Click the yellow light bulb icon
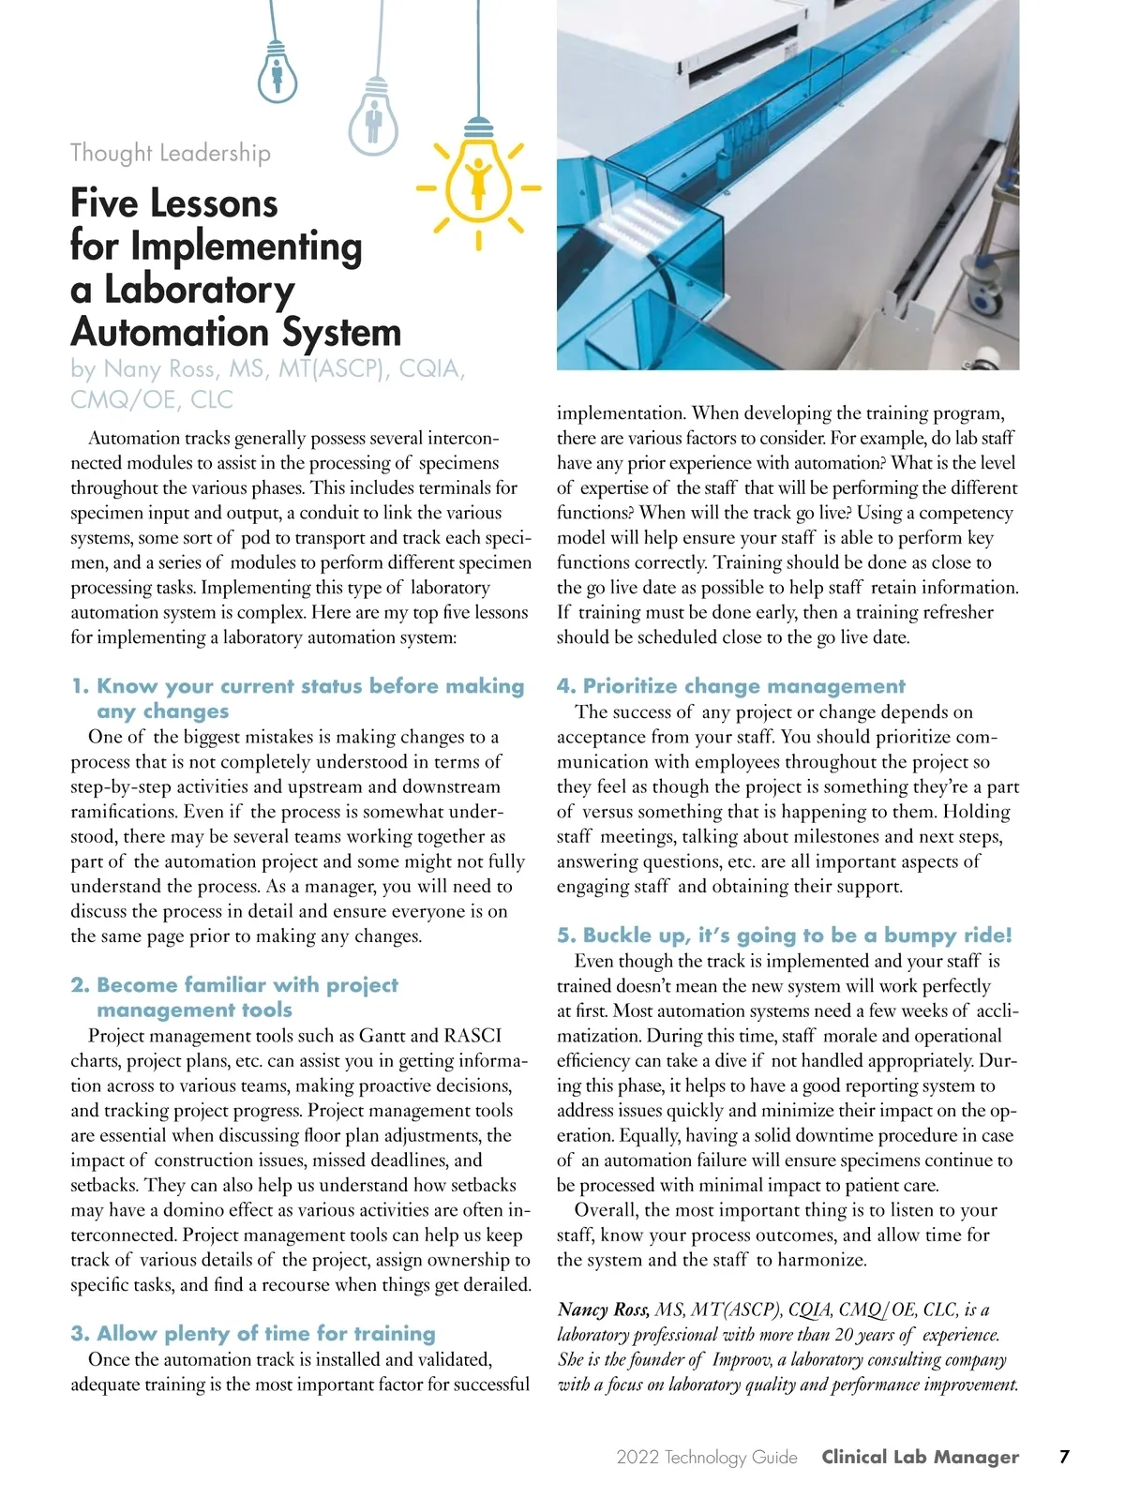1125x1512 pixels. click(479, 180)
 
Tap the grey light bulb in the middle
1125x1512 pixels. click(373, 120)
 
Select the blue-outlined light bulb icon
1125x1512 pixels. click(277, 71)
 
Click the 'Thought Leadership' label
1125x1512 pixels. click(171, 153)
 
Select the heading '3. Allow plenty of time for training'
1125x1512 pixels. click(253, 1333)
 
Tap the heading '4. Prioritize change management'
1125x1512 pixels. click(731, 685)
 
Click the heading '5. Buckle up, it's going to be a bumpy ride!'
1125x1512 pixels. click(785, 935)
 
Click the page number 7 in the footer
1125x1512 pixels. click(1064, 1457)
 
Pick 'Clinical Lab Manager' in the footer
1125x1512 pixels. click(920, 1457)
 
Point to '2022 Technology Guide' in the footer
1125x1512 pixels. click(707, 1458)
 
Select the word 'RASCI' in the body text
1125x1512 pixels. click(472, 1036)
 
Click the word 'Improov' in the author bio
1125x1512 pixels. click(742, 1359)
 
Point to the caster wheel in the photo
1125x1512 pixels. click(985, 296)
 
